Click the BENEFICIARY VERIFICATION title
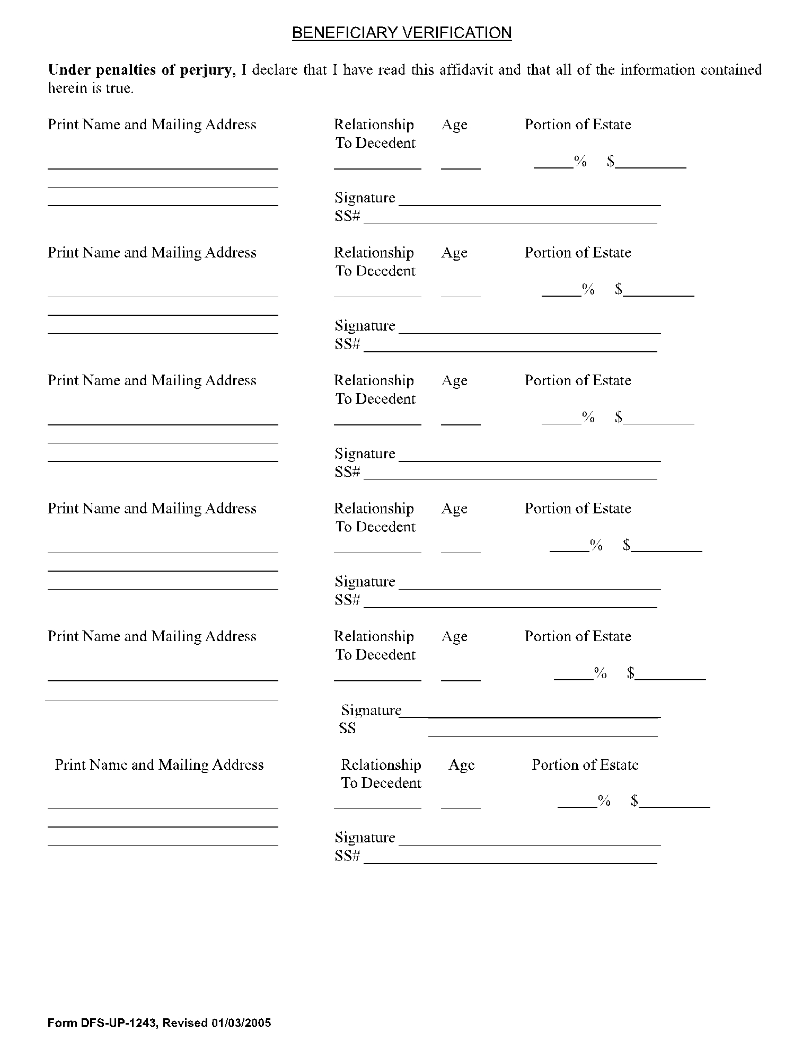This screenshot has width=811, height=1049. click(x=402, y=33)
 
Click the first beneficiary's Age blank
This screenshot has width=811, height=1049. click(x=461, y=166)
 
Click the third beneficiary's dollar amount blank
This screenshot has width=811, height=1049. click(x=658, y=422)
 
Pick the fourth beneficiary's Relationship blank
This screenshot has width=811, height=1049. click(x=377, y=550)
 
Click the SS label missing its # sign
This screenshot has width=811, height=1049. click(x=347, y=728)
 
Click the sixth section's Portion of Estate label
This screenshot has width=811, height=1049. click(x=585, y=764)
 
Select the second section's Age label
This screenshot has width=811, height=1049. click(x=454, y=253)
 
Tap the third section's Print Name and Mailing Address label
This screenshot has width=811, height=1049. click(x=152, y=380)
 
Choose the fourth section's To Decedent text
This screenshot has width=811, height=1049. click(x=375, y=527)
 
